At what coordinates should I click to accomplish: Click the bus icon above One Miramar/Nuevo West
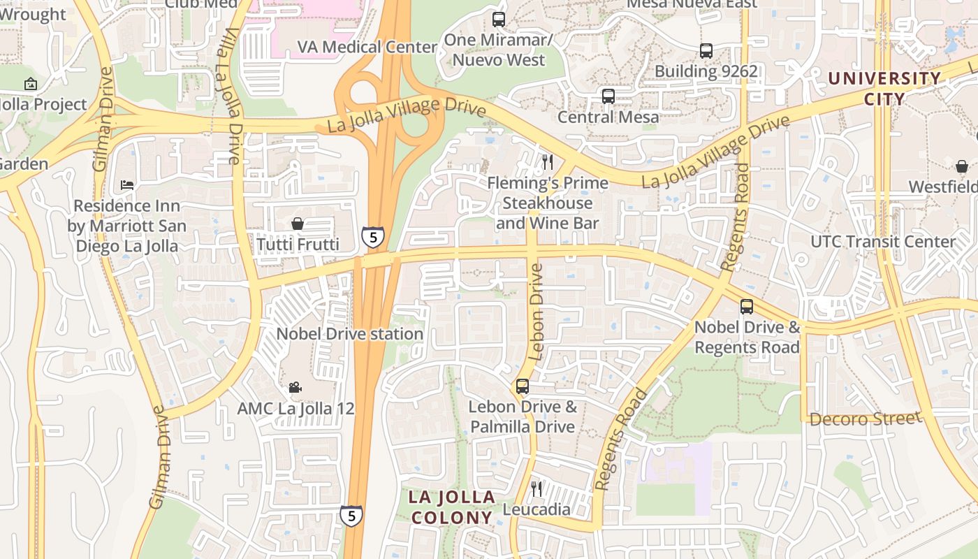[499, 20]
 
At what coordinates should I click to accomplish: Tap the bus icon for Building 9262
[706, 51]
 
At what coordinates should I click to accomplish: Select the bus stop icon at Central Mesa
[608, 96]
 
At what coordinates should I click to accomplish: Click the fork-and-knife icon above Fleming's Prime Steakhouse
[548, 162]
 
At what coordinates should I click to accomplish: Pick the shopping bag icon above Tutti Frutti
[298, 224]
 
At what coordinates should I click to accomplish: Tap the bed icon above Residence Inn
[127, 185]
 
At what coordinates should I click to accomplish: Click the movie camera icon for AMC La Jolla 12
[295, 387]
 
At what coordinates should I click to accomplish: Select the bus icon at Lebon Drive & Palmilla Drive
[523, 386]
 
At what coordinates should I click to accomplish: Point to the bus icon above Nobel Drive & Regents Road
[747, 307]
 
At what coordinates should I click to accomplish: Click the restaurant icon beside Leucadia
[537, 488]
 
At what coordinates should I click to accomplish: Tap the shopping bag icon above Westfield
[962, 166]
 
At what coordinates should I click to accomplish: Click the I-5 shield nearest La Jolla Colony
[351, 516]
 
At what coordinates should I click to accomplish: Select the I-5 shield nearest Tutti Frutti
[373, 237]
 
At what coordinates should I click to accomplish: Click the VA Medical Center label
[367, 47]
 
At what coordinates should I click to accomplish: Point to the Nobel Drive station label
[350, 333]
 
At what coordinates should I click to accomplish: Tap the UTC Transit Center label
[883, 242]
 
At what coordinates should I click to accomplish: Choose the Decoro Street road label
[865, 419]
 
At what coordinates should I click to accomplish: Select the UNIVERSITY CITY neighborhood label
[885, 88]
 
